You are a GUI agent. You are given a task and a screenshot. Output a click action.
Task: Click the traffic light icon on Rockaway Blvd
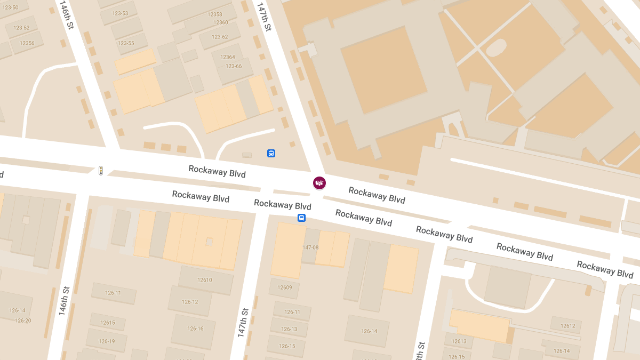(100, 171)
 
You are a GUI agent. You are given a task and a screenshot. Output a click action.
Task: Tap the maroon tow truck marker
(319, 183)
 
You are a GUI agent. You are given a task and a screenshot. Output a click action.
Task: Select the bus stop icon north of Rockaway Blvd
(271, 154)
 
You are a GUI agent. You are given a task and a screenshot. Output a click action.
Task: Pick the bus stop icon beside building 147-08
(301, 218)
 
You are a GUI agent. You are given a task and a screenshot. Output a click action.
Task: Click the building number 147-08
(310, 247)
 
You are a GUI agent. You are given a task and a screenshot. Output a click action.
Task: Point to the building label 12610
(205, 280)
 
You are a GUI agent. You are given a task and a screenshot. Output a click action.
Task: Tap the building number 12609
(285, 287)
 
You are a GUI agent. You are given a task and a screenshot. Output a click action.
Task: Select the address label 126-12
(190, 302)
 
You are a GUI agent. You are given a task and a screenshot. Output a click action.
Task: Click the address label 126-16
(195, 329)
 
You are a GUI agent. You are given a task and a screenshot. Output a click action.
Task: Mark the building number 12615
(108, 323)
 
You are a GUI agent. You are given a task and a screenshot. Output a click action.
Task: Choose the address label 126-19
(107, 341)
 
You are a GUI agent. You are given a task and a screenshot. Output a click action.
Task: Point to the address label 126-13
(289, 329)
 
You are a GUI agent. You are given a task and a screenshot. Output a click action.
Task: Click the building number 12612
(568, 326)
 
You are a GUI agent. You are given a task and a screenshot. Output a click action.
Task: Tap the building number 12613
(459, 341)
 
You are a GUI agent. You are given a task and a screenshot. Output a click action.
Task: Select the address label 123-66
(234, 66)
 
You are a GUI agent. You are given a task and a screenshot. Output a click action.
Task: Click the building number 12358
(215, 14)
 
